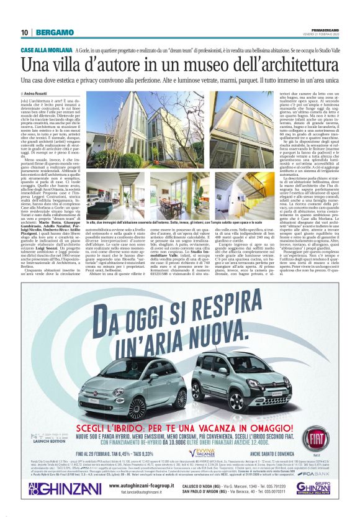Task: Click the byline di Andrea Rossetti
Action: (39, 93)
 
